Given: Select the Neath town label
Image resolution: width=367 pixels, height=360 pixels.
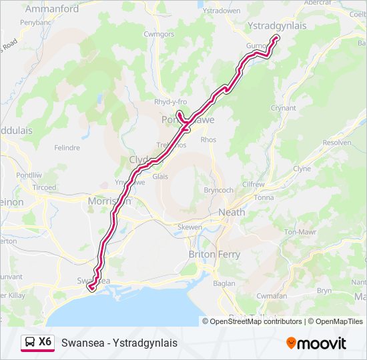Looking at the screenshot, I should (x=232, y=212).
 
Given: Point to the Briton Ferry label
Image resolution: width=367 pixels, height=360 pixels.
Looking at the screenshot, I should (x=216, y=254).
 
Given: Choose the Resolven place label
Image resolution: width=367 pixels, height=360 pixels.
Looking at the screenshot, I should (x=336, y=143).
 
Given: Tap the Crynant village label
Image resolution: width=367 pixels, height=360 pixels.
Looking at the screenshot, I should (x=283, y=107).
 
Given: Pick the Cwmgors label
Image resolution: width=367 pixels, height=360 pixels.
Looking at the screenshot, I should (x=159, y=34).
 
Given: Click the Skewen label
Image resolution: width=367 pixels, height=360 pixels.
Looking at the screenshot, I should (x=190, y=227).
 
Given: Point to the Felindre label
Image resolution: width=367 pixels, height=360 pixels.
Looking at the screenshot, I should (x=67, y=147).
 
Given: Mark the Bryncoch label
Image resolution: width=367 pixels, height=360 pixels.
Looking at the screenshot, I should (x=218, y=190).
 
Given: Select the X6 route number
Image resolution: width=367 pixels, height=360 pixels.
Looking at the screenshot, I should (x=45, y=342).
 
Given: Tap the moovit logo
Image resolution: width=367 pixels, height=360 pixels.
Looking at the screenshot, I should (x=316, y=343).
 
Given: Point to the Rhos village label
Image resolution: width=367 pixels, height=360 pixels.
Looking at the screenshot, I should (x=208, y=140).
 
